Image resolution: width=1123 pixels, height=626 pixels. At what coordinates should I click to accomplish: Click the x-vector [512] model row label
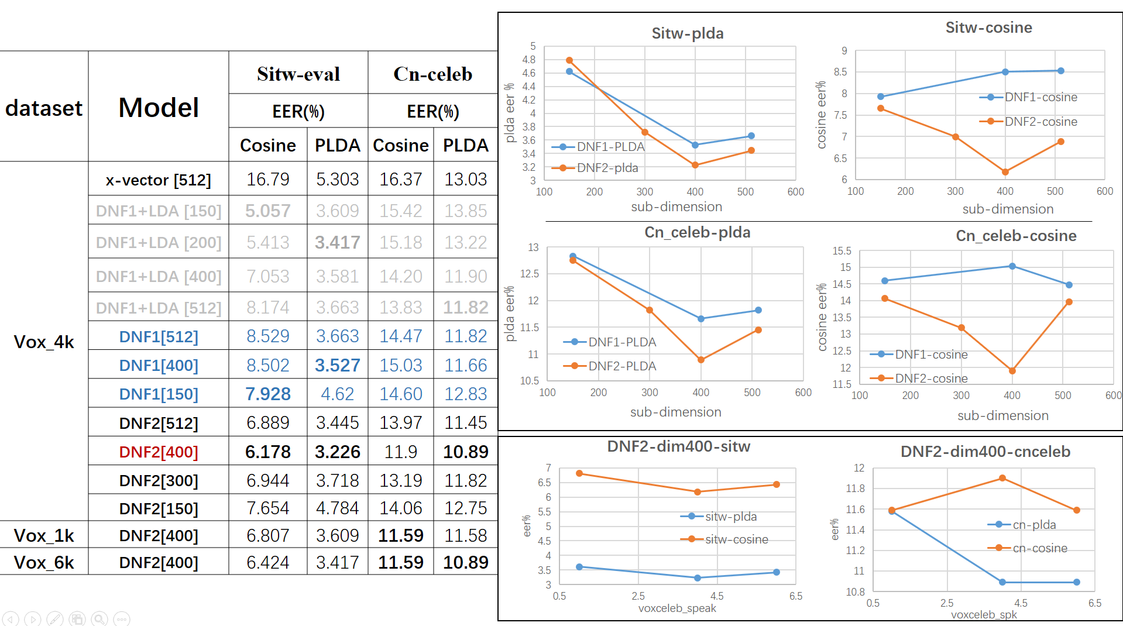(158, 180)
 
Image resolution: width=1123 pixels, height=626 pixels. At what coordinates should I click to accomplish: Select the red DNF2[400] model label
(158, 452)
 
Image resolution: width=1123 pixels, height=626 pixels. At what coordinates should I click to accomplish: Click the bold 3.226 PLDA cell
(337, 452)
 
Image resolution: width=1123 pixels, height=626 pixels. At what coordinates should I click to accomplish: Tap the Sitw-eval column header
(298, 74)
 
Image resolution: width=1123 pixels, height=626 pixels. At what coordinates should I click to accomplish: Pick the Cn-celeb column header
(432, 74)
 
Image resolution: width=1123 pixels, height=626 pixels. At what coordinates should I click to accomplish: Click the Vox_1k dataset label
(44, 535)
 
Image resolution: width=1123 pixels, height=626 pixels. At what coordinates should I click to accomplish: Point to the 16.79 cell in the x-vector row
(267, 179)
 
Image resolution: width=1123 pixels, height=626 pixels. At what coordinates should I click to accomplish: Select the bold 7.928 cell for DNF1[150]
(267, 394)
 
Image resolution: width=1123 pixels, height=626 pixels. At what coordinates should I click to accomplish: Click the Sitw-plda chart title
(688, 33)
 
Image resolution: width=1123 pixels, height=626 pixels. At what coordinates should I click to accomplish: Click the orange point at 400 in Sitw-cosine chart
(1005, 172)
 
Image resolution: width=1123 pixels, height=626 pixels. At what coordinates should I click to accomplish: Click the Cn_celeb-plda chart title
(697, 232)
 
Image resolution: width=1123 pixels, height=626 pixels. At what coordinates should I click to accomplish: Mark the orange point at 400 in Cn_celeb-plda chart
(701, 360)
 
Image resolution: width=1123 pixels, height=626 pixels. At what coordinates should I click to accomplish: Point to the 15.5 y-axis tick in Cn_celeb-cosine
(842, 251)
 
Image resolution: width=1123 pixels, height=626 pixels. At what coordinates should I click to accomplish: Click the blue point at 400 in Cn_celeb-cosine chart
(1012, 266)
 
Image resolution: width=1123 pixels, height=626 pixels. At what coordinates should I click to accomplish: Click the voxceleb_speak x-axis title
(677, 608)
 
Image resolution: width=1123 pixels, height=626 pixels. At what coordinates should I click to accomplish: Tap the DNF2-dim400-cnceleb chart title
(985, 452)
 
